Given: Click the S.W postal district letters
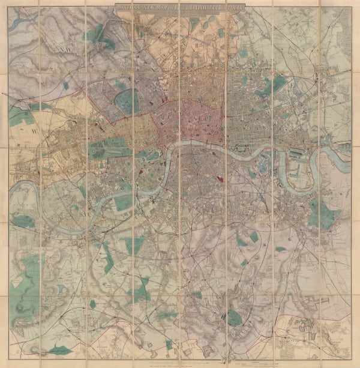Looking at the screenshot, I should click(82, 210).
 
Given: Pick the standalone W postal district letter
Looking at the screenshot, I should click(33, 128).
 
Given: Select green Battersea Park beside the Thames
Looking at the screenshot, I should click(124, 202).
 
